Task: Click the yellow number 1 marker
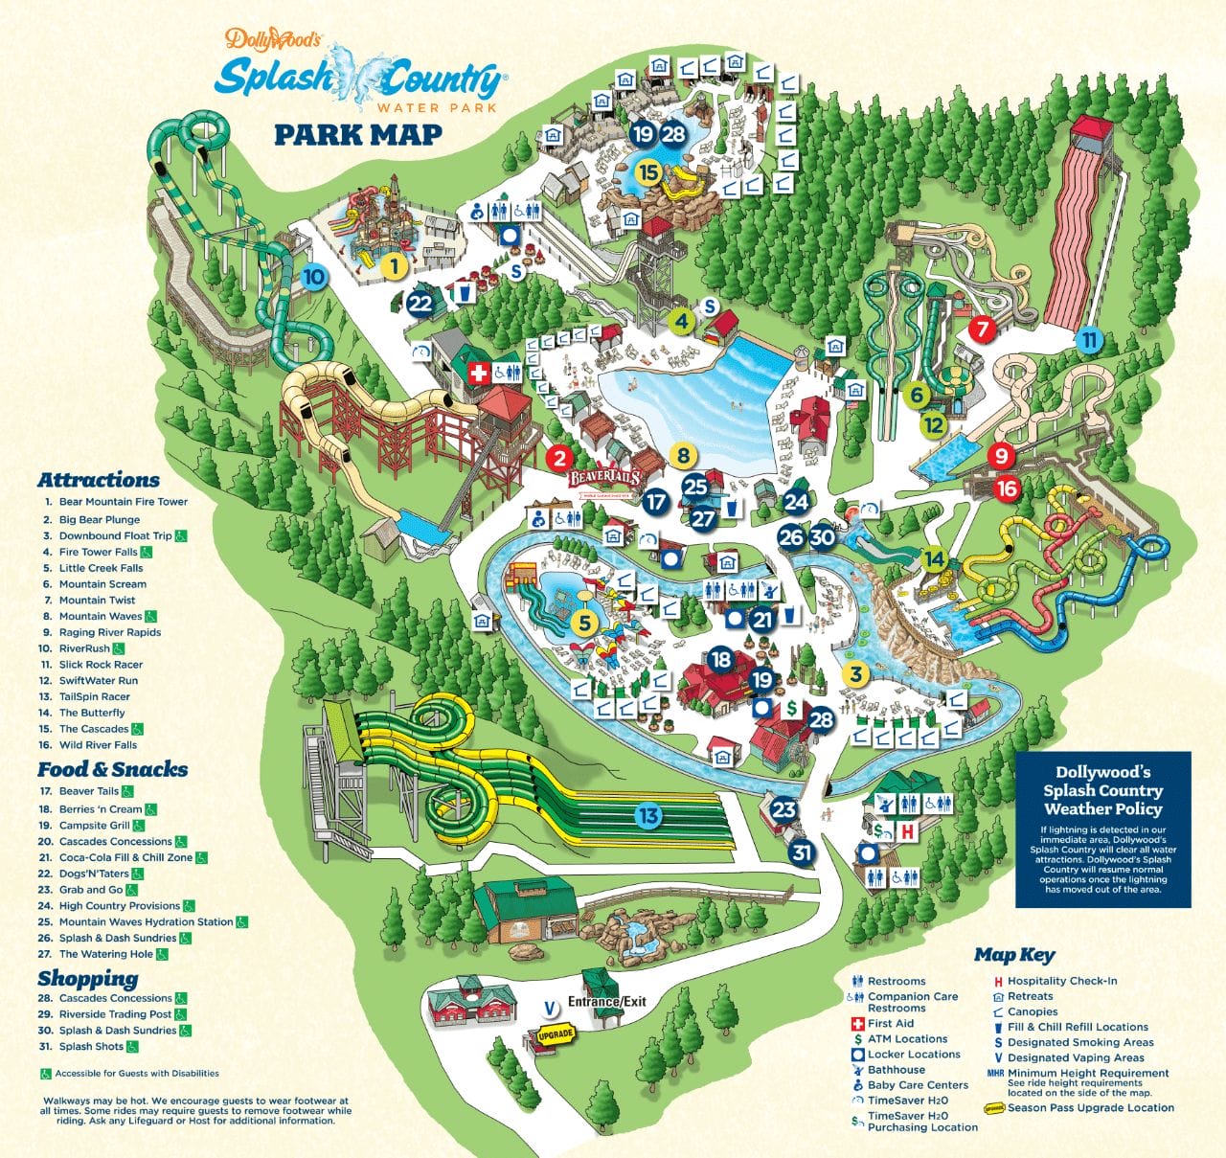pos(394,265)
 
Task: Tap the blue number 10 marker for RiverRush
pos(314,279)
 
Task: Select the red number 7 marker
pos(982,329)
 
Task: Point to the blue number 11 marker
pos(1088,339)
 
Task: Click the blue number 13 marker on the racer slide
pos(648,815)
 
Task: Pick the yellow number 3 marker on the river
pos(855,674)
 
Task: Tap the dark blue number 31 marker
pos(802,851)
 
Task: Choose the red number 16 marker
pos(1007,488)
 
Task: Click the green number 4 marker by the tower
pos(681,321)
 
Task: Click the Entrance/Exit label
pos(607,1002)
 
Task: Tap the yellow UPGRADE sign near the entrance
pos(556,1034)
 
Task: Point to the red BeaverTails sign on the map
pos(603,476)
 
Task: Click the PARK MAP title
pos(358,134)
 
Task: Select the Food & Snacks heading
pos(112,769)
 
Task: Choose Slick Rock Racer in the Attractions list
pos(101,665)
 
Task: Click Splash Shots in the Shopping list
pos(91,1046)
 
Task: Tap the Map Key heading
pos(1014,955)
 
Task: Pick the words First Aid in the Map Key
pos(891,1023)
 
